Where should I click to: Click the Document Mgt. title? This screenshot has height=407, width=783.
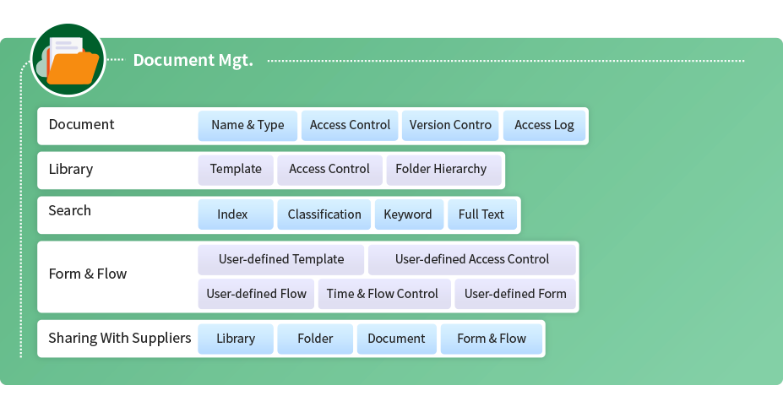click(193, 60)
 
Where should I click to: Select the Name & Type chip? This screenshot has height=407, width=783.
click(247, 125)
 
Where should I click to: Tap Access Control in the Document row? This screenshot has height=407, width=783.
click(350, 125)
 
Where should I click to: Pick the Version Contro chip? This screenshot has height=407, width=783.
click(450, 125)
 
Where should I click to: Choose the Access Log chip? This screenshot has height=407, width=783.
click(544, 125)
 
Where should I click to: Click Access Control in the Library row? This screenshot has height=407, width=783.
click(329, 169)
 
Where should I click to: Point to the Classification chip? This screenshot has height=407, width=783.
click(324, 214)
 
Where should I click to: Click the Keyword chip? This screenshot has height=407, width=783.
click(409, 214)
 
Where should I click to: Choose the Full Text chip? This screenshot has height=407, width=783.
click(482, 214)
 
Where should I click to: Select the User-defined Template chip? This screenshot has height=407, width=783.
click(280, 259)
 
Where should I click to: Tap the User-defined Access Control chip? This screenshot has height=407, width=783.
click(472, 259)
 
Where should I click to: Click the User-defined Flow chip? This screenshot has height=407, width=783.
click(256, 294)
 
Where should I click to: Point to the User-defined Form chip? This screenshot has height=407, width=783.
click(515, 294)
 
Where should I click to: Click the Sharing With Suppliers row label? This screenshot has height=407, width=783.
click(120, 338)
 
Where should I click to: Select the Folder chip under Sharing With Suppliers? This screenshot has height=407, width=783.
click(315, 339)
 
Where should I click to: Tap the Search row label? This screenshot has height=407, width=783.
click(70, 210)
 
